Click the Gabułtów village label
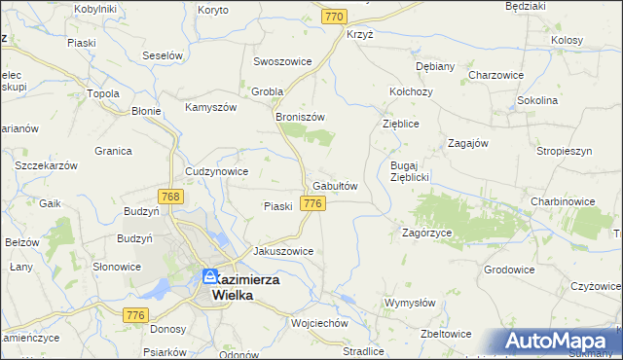tap(336, 186)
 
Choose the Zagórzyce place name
tap(425, 234)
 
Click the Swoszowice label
tap(282, 61)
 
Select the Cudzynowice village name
tap(216, 171)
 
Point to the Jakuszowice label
tap(283, 250)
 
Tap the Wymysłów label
tap(410, 303)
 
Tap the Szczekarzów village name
tap(46, 166)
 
